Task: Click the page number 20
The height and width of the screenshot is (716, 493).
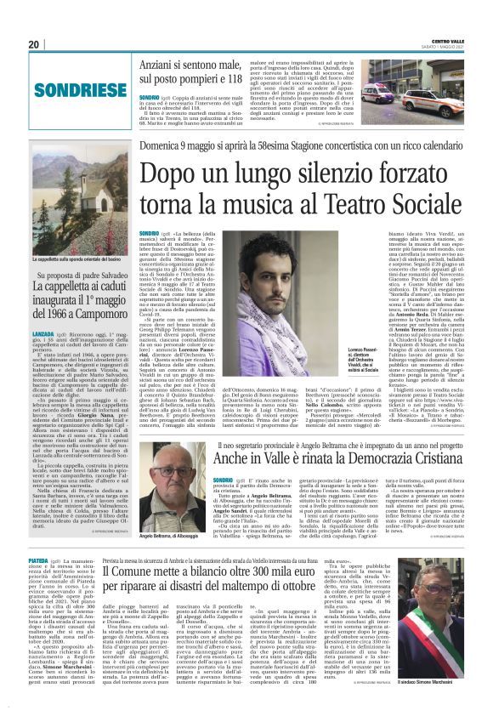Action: click(34, 44)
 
